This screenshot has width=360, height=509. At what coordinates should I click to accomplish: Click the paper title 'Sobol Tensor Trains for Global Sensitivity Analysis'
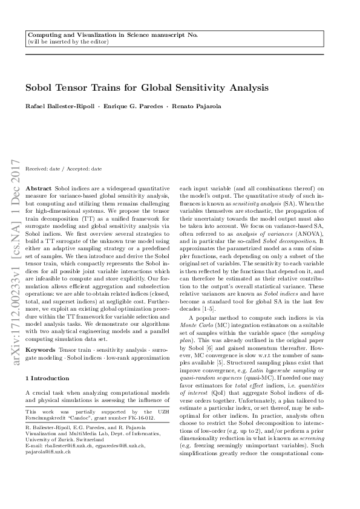[146, 88]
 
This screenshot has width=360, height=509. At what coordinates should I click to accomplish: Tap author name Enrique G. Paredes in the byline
[131, 106]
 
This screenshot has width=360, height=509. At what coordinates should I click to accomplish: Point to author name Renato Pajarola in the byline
[196, 106]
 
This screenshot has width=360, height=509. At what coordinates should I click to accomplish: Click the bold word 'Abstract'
[40, 189]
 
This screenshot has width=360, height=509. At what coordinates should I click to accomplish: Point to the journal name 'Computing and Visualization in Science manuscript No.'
[113, 36]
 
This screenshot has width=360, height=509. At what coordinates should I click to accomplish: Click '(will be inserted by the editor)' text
[68, 42]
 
